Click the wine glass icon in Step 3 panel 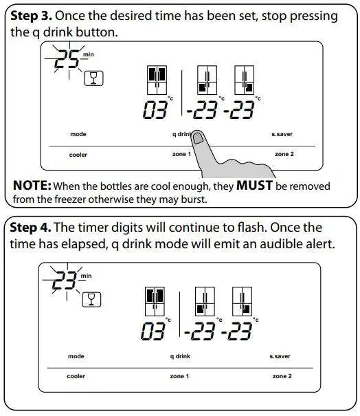coord(93,78)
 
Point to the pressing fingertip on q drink coord(199,140)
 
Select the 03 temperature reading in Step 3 coord(155,110)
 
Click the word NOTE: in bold coord(32,186)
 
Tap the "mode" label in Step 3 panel coord(78,134)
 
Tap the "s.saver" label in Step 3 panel coord(282,134)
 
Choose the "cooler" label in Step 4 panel coord(76,376)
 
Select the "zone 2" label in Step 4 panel coord(282,376)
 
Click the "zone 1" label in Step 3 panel coord(181,154)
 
